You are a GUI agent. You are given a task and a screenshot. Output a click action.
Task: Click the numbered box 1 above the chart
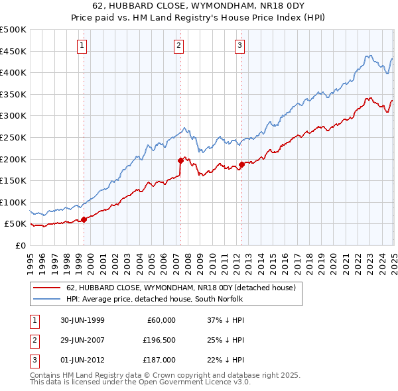82,46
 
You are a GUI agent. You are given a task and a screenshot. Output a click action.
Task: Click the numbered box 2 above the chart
179,46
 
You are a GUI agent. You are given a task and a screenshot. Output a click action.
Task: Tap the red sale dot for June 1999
84,219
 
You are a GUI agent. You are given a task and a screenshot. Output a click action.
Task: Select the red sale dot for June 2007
180,160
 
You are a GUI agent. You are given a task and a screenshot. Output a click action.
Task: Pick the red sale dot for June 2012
241,164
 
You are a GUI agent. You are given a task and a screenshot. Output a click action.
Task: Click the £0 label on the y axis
20,245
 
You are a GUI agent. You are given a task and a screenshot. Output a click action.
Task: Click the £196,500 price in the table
160,340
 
